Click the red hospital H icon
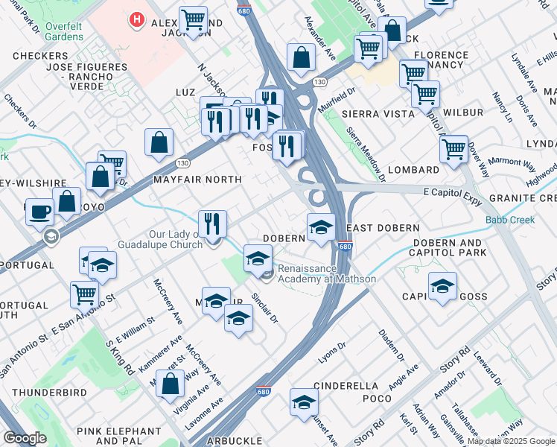click(x=136, y=21)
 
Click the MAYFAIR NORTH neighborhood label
click(x=197, y=180)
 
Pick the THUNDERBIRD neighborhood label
click(x=49, y=392)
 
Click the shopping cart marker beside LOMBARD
click(x=453, y=149)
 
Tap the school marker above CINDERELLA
click(x=304, y=402)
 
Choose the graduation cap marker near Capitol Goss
click(x=442, y=285)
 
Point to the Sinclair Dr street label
click(x=266, y=307)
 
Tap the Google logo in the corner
click(x=25, y=438)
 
